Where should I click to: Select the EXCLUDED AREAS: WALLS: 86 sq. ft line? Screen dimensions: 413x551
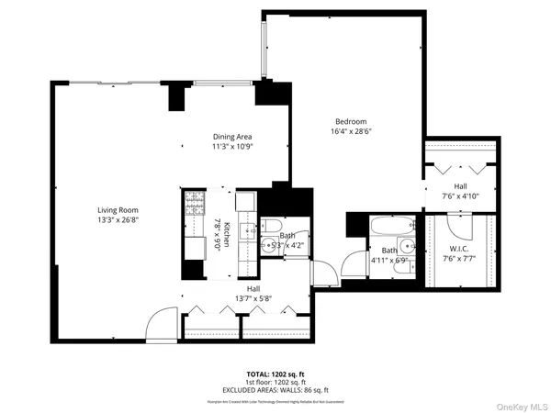click(275, 391)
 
